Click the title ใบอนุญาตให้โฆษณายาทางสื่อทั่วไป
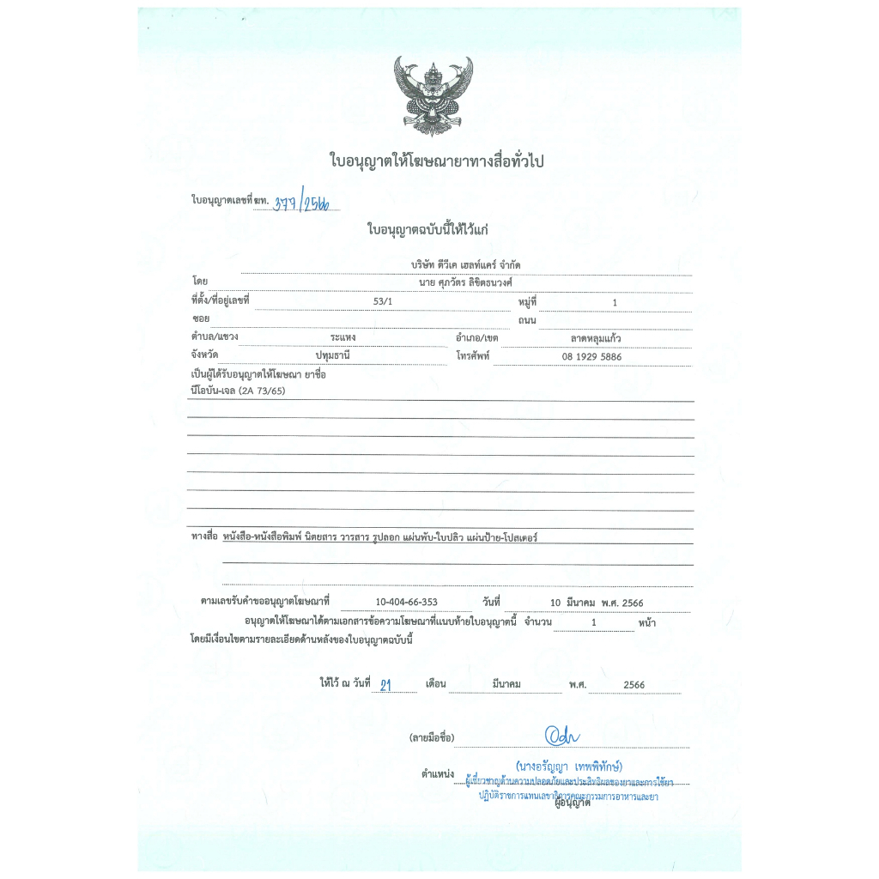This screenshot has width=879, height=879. click(x=437, y=161)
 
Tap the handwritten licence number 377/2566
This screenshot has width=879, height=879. click(x=306, y=203)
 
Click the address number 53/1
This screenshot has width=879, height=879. click(x=381, y=301)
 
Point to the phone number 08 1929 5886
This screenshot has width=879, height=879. click(x=591, y=356)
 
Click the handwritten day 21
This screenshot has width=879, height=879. click(x=385, y=684)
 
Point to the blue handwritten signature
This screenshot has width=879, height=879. click(x=563, y=737)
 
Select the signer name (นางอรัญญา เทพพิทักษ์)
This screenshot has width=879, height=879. click(x=569, y=765)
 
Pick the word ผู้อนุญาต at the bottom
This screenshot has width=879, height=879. click(x=573, y=803)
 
